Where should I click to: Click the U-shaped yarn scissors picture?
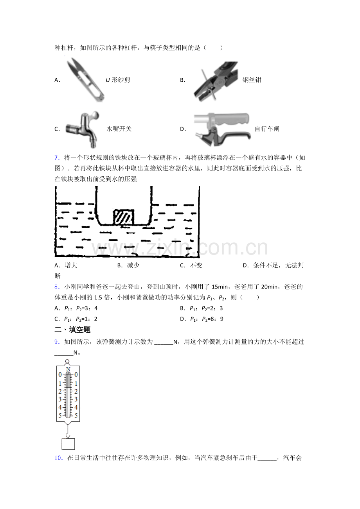coord(86,80)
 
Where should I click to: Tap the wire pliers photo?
coord(216,81)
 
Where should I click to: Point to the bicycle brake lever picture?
coord(222,129)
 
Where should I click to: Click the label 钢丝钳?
coord(252,80)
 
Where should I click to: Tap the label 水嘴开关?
coord(119,129)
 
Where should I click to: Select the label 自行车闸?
coord(267,129)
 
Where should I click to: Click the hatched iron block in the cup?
coord(124,217)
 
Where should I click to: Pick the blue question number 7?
coord(57,158)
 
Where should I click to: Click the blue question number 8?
coord(57,287)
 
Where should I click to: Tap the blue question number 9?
coord(57,342)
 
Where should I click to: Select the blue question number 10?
coord(59,458)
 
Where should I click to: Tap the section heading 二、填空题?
coord(72,330)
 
